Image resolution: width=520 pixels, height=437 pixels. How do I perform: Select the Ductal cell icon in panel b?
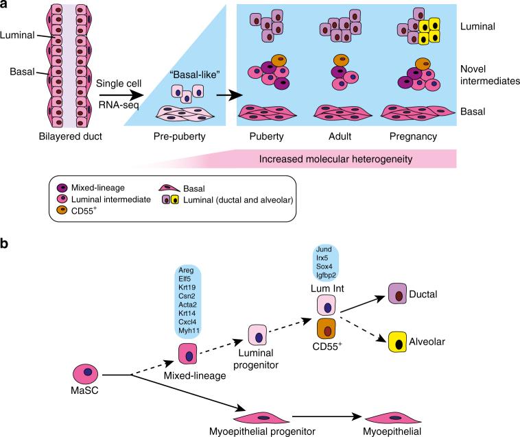[x=399, y=294]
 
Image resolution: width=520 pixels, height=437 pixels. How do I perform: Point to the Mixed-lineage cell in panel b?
[x=188, y=354]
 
